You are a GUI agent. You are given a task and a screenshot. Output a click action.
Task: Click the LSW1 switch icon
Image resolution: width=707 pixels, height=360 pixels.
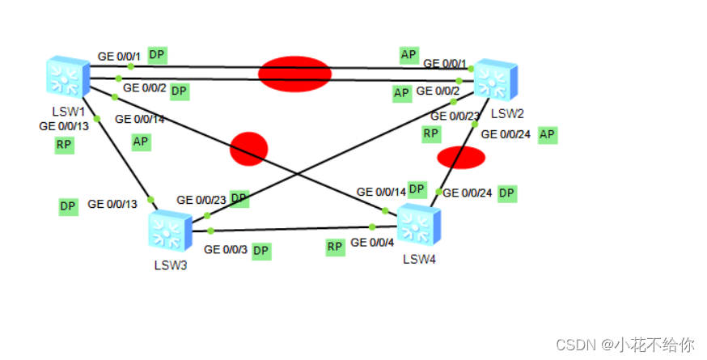[68, 76]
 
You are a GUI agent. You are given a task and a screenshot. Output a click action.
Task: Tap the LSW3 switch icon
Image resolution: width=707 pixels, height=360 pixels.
[169, 230]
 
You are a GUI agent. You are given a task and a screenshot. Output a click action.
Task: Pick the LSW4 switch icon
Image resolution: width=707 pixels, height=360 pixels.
[417, 223]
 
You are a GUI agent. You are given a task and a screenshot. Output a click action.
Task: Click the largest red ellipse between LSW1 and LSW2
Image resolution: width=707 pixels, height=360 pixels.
[294, 74]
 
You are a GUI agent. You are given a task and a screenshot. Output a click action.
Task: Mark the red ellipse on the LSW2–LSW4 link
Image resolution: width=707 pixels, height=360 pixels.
[461, 157]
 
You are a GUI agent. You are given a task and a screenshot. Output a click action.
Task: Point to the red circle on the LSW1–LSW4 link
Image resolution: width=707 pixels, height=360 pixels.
[248, 149]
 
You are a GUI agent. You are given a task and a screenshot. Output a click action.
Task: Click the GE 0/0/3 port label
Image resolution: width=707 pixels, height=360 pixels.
[226, 250]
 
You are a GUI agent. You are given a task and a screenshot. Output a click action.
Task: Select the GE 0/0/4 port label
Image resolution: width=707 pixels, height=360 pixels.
[373, 242]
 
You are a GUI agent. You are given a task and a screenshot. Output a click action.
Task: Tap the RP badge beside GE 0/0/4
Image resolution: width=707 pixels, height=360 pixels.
[335, 247]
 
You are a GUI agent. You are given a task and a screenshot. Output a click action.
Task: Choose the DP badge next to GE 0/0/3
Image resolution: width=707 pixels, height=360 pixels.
[260, 251]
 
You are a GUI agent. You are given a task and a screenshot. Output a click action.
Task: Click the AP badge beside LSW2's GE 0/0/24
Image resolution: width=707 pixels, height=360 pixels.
[548, 134]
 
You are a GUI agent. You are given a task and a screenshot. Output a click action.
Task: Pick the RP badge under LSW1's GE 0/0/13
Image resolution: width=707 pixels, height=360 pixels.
[64, 145]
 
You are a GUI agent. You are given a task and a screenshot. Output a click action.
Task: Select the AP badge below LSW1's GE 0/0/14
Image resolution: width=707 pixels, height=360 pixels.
[142, 142]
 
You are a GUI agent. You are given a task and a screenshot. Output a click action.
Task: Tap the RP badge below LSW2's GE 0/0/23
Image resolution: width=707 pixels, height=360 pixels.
[431, 133]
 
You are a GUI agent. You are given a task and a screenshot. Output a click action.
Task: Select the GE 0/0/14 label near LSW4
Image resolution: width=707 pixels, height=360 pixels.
[381, 192]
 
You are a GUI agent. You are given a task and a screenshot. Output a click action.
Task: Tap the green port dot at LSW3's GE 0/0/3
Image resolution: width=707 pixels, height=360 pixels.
[210, 231]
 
